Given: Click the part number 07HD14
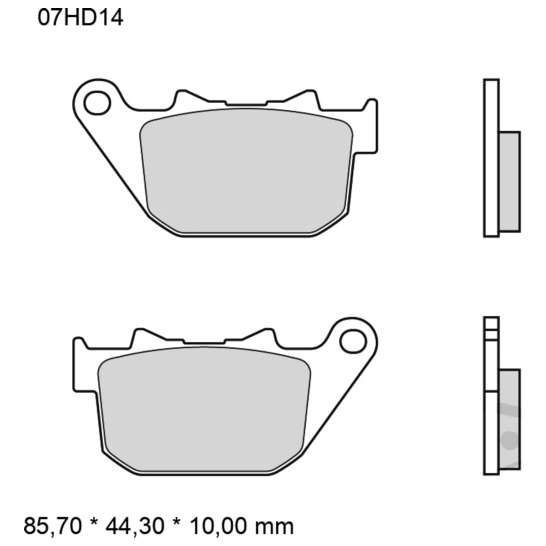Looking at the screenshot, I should [80, 18].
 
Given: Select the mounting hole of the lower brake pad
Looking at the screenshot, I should [352, 341].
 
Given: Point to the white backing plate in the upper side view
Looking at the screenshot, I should [491, 158].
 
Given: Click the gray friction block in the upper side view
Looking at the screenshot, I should [509, 180].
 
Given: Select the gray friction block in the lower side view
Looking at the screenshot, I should [509, 418].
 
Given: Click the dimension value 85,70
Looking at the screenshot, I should [53, 526].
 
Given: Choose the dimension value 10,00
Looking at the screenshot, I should [221, 526].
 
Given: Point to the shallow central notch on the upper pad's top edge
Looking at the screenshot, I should [246, 104].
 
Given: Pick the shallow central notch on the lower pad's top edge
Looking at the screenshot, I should [205, 342].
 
